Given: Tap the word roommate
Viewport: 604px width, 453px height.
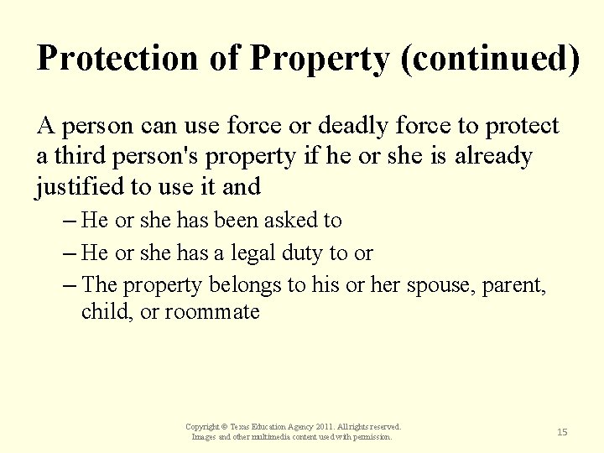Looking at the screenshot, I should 212,312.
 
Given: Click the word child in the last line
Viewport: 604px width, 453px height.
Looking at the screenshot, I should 100,312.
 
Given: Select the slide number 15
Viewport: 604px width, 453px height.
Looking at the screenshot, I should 562,431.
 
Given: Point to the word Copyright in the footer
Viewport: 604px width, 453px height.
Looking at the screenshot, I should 205,427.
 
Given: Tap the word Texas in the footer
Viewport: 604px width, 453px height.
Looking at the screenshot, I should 245,427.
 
